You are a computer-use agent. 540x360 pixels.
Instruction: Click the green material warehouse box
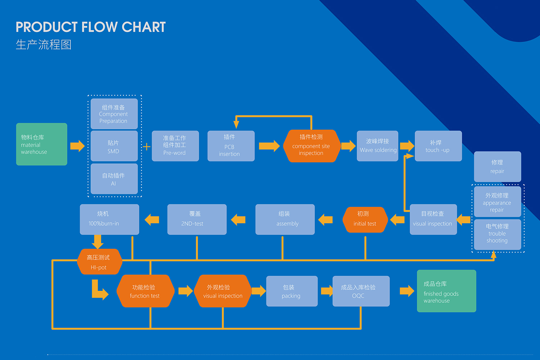pyautogui.click(x=42, y=144)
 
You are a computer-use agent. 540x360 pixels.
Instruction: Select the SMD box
pyautogui.click(x=114, y=146)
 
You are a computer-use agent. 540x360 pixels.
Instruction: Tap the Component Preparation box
pyautogui.click(x=114, y=114)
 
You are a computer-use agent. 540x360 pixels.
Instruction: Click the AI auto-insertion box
pyautogui.click(x=114, y=179)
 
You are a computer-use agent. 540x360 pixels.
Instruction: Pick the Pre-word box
pyautogui.click(x=175, y=146)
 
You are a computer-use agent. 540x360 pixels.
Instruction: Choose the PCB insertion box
pyautogui.click(x=231, y=146)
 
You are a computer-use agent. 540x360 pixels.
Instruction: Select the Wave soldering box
pyautogui.click(x=378, y=146)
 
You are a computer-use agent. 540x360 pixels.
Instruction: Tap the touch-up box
pyautogui.click(x=438, y=146)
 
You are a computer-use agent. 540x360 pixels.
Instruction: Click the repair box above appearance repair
pyautogui.click(x=498, y=166)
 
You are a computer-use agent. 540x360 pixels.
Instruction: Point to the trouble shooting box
pyautogui.click(x=498, y=234)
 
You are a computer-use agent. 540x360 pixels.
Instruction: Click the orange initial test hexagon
pyautogui.click(x=365, y=220)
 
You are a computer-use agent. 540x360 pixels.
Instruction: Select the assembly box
pyautogui.click(x=285, y=220)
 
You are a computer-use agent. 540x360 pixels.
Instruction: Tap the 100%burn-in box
pyautogui.click(x=109, y=220)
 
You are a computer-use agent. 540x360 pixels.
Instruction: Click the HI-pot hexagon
pyautogui.click(x=100, y=262)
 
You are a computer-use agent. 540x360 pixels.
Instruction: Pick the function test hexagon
pyautogui.click(x=145, y=291)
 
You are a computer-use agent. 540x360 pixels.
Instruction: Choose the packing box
pyautogui.click(x=292, y=291)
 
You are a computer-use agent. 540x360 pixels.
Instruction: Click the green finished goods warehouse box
pyautogui.click(x=446, y=291)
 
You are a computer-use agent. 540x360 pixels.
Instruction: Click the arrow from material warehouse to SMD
pyautogui.click(x=77, y=146)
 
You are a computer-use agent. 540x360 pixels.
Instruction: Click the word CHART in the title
pyautogui.click(x=144, y=27)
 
